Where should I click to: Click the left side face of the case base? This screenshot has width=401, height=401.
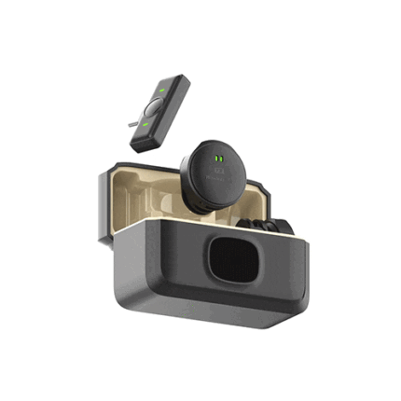pos(131,270)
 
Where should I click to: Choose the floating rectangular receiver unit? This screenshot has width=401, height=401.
pos(159,112)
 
